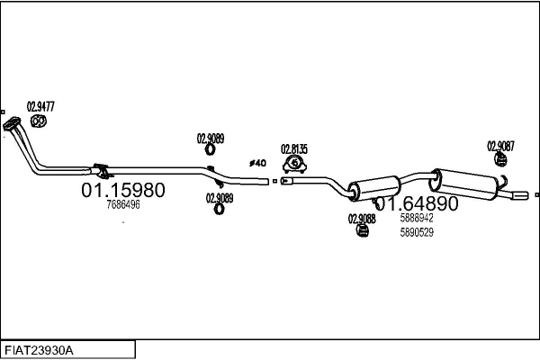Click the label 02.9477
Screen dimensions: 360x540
(x=40, y=106)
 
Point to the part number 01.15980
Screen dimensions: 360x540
(x=123, y=190)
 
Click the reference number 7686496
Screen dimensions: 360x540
(x=123, y=205)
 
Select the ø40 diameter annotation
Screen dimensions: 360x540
(x=257, y=163)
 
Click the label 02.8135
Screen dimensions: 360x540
(x=294, y=149)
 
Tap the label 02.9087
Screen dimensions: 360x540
(x=500, y=145)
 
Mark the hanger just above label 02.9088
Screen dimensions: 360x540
(x=362, y=232)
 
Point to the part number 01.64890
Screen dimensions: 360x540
(x=416, y=204)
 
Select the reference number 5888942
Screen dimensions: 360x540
(x=417, y=218)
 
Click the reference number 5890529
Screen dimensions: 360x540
(x=417, y=232)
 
